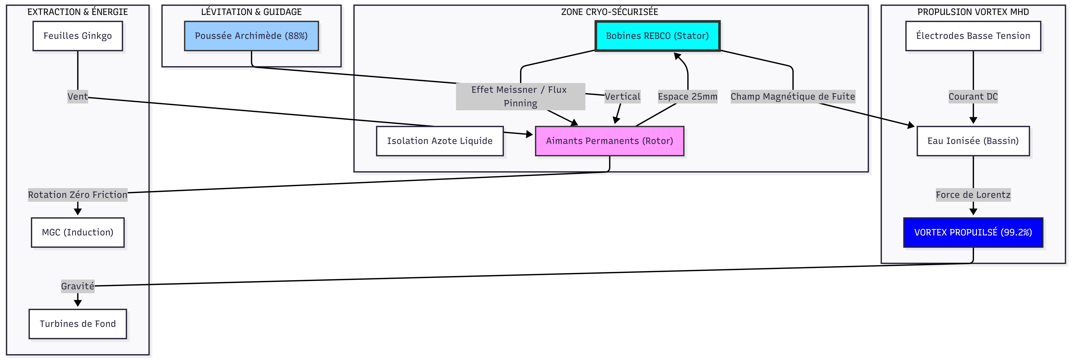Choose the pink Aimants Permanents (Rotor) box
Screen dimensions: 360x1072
609,141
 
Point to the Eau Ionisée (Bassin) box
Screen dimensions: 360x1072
973,141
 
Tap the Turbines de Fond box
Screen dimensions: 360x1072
78,324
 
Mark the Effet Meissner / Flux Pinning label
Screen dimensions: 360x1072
520,97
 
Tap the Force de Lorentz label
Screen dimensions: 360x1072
973,195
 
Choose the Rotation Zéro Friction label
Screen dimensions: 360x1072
78,195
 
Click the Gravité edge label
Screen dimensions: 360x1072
78,286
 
